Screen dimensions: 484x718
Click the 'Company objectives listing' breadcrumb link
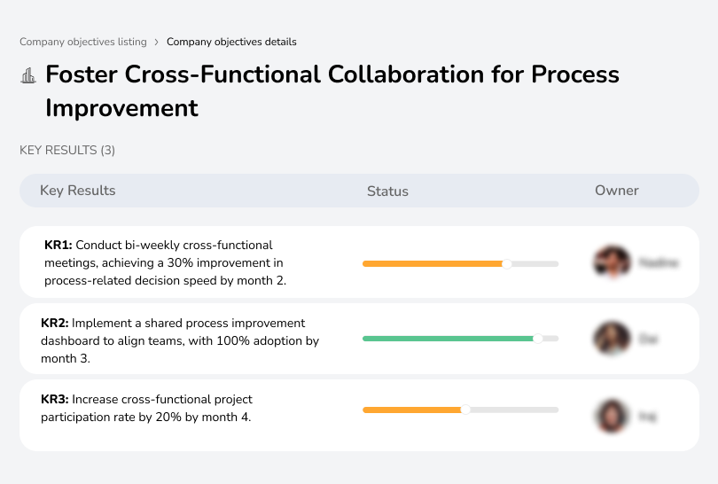click(82, 42)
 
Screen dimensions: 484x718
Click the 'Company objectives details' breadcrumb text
click(231, 42)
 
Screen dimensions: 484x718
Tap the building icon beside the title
click(28, 75)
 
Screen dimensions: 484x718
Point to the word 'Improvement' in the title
click(121, 108)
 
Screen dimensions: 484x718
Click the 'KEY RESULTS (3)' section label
click(67, 151)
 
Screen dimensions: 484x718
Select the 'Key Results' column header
click(77, 191)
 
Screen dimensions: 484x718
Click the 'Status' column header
click(387, 191)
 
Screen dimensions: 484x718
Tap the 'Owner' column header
click(617, 191)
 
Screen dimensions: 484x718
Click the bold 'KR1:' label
click(59, 245)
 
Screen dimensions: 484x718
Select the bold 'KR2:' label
click(55, 323)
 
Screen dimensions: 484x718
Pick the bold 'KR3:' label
click(55, 399)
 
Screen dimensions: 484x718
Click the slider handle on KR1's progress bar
click(507, 263)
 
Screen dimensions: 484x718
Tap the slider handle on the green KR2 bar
click(537, 339)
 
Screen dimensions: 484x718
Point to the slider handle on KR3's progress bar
click(465, 410)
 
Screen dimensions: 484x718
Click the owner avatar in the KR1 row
click(610, 262)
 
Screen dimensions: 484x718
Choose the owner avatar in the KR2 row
click(610, 339)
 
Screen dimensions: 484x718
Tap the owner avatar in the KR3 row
click(610, 415)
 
